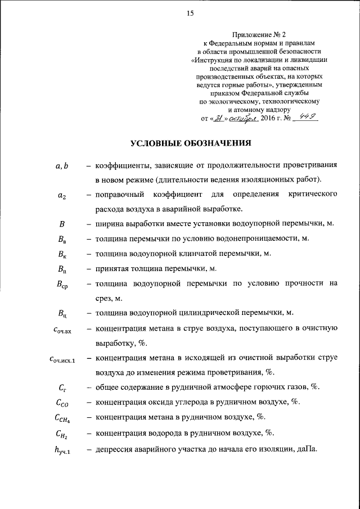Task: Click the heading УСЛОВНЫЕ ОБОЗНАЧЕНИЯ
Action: (x=191, y=143)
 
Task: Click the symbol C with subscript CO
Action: (x=62, y=403)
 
